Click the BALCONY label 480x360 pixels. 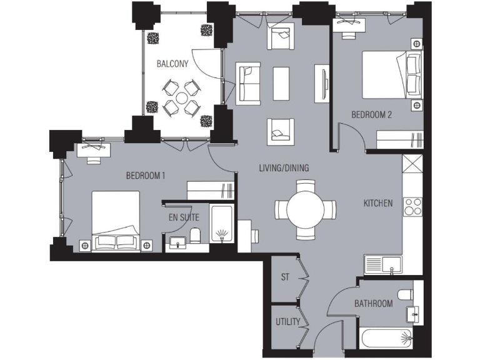172,64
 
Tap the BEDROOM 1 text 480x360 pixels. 145,176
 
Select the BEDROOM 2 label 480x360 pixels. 371,115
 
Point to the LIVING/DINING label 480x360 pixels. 284,167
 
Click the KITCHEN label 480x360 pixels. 378,203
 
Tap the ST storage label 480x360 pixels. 285,276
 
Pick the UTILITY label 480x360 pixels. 288,322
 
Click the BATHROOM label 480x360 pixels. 373,304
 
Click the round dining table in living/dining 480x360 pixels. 306,209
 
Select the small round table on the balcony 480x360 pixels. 181,97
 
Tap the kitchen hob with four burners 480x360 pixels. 413,206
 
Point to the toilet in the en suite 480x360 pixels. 195,236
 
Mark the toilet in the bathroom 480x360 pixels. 406,294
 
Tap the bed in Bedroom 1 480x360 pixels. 116,220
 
